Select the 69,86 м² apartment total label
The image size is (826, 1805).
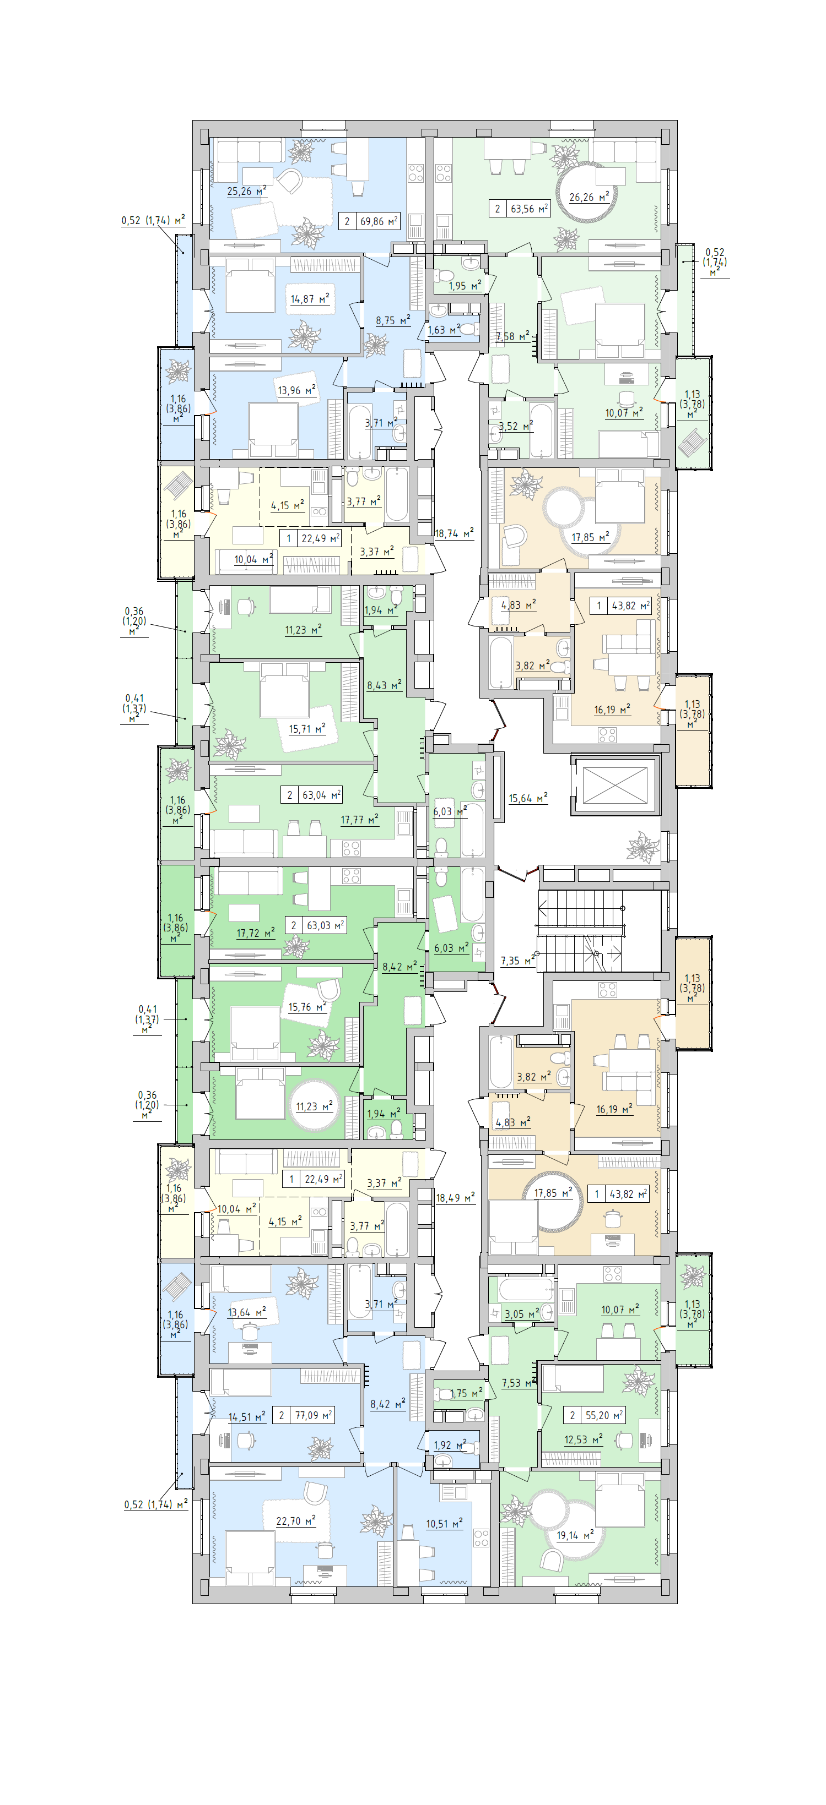(379, 221)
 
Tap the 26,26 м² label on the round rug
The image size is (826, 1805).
(589, 198)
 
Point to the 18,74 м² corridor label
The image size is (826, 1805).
(454, 533)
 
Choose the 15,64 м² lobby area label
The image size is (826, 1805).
(528, 798)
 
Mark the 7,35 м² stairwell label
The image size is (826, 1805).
(517, 961)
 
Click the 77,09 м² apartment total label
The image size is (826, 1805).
(313, 1415)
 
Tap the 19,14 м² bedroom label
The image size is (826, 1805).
(575, 1535)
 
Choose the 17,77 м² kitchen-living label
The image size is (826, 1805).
(360, 820)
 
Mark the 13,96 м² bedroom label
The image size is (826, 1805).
(296, 390)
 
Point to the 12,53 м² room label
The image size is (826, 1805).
(584, 1440)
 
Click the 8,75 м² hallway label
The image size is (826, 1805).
(393, 321)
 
